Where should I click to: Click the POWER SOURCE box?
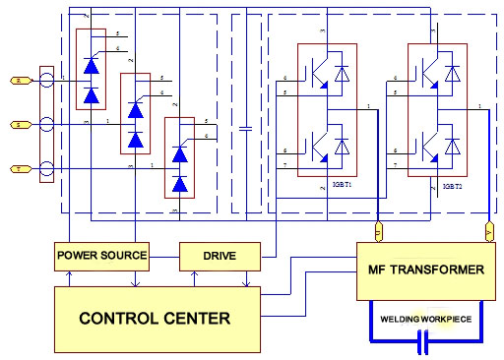101,256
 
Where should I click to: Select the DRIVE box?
220,256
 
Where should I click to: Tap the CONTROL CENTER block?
155,318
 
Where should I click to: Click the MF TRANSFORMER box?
425,269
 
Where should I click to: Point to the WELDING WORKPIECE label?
426,318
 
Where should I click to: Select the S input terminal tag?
17,125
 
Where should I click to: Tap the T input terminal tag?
17,169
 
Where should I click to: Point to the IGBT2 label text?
452,185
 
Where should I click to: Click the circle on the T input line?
46,169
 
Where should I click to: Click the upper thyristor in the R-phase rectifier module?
92,67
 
